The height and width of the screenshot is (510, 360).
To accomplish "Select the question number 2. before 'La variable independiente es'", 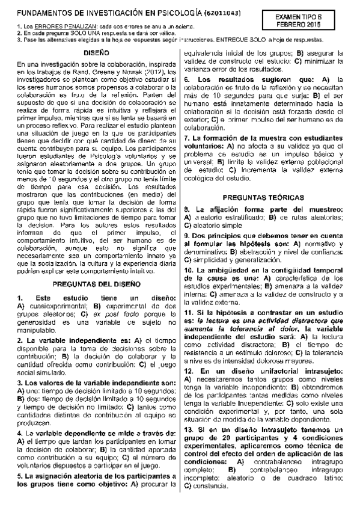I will click(x=19, y=340).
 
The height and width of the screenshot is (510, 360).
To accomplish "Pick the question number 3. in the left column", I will click(x=19, y=382).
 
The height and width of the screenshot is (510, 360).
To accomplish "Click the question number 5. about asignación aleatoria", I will click(x=19, y=475).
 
